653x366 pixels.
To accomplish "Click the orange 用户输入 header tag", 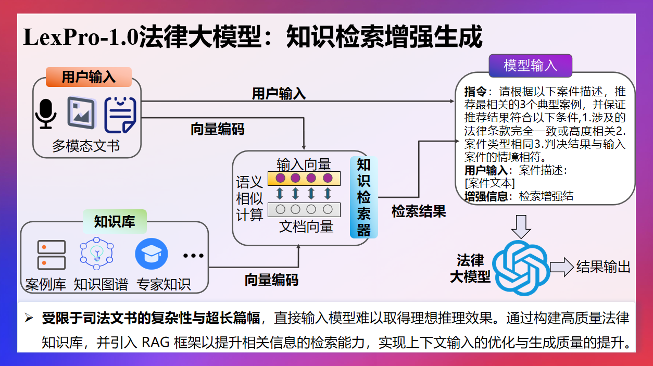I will pos(89,78).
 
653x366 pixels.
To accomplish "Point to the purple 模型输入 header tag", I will pos(530,66).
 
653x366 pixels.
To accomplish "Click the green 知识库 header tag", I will pos(115,222).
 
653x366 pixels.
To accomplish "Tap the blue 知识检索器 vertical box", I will pos(363,197).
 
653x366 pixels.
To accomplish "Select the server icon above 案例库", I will pos(52,255).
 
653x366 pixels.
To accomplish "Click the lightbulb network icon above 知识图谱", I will pos(97,254).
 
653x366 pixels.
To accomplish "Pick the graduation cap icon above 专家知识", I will pos(151,254).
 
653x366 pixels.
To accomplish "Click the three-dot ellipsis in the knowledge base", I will pos(193,256).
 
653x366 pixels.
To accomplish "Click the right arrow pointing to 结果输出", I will pos(561,267).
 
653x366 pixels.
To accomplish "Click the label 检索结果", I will pos(419,211).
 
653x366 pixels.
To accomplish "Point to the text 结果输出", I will pos(603,267).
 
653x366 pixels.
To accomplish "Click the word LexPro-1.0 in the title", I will pos(81,38).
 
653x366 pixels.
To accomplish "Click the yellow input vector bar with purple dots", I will pos(304,179).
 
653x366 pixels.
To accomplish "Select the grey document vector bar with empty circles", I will pos(304,210).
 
